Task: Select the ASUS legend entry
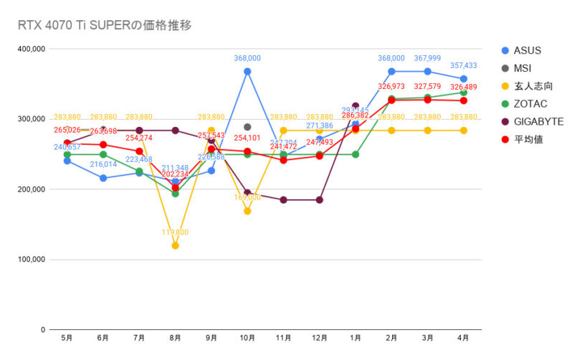pyautogui.click(x=527, y=50)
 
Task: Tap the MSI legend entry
pyautogui.click(x=524, y=68)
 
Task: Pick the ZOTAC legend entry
pyautogui.click(x=530, y=104)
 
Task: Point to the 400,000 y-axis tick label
pyautogui.click(x=31, y=49)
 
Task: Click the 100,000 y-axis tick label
pyautogui.click(x=31, y=260)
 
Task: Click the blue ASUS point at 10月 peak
pyautogui.click(x=247, y=71)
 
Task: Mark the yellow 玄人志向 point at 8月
pyautogui.click(x=175, y=245)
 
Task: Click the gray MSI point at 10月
pyautogui.click(x=247, y=127)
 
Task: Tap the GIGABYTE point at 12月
pyautogui.click(x=320, y=199)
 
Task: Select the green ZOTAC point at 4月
pyautogui.click(x=464, y=93)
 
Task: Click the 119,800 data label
pyautogui.click(x=175, y=232)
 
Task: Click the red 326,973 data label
pyautogui.click(x=391, y=87)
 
